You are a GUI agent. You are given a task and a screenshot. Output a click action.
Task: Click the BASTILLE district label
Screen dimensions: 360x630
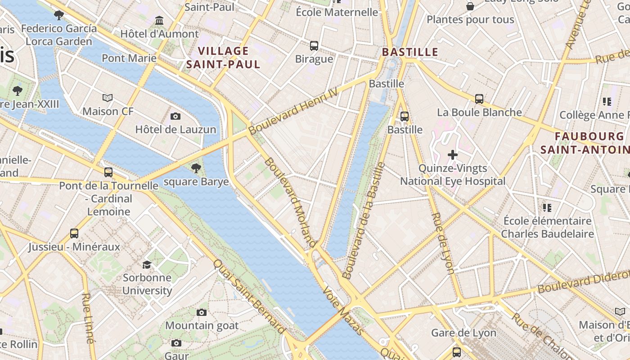(410, 52)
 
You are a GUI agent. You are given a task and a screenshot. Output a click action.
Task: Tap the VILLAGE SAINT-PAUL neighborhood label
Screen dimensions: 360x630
(223, 58)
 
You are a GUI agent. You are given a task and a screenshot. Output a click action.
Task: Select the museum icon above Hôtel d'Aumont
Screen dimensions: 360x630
(159, 21)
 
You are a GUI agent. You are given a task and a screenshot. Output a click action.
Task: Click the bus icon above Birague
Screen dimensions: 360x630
(314, 46)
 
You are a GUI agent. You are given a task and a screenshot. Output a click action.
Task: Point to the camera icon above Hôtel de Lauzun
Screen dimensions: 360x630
(175, 117)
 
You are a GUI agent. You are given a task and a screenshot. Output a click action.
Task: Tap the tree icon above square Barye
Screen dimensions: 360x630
(196, 168)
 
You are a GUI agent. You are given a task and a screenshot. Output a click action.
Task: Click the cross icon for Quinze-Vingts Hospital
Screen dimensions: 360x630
(453, 155)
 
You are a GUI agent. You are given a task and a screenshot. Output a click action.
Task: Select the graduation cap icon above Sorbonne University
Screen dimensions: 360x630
(147, 264)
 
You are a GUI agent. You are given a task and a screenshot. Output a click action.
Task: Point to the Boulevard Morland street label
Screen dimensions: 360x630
(290, 202)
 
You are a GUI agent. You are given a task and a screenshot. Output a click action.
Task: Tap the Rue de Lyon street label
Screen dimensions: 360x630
(443, 243)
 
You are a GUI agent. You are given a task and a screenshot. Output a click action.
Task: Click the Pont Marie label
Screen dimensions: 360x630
(129, 58)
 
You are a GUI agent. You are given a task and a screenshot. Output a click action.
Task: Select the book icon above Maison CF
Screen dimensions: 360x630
(107, 98)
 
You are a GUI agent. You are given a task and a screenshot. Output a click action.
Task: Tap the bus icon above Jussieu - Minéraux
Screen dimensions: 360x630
(74, 234)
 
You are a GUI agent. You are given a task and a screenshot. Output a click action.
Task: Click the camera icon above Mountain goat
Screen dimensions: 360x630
(202, 312)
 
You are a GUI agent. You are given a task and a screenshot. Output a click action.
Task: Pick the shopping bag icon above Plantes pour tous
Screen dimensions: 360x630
(470, 6)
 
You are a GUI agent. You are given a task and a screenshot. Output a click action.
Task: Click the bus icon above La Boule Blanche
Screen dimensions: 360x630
(479, 99)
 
